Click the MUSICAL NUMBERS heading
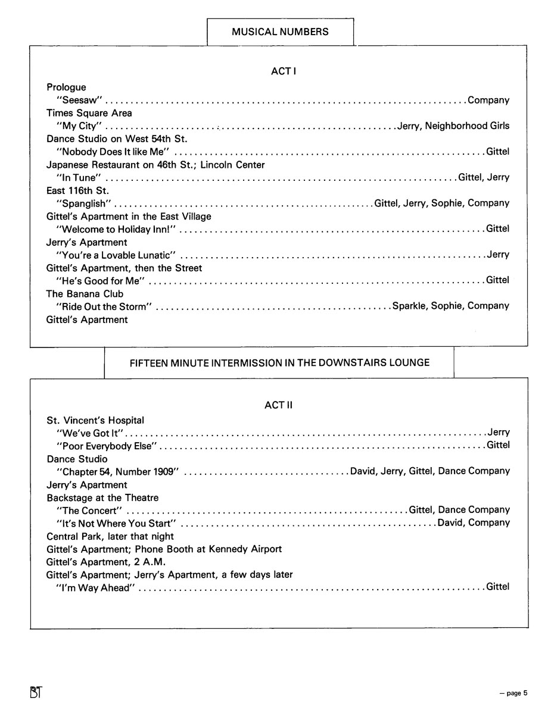(280, 32)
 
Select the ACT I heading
(284, 71)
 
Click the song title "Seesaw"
(80, 100)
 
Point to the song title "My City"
(79, 126)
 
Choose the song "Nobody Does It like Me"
(113, 152)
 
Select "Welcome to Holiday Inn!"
(117, 229)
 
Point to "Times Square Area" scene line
(89, 113)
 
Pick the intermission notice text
(279, 362)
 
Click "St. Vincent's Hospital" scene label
(95, 421)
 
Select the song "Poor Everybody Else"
(106, 446)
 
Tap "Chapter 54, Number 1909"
(117, 471)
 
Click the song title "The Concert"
(89, 511)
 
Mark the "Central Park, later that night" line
(110, 536)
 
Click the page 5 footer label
(513, 693)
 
